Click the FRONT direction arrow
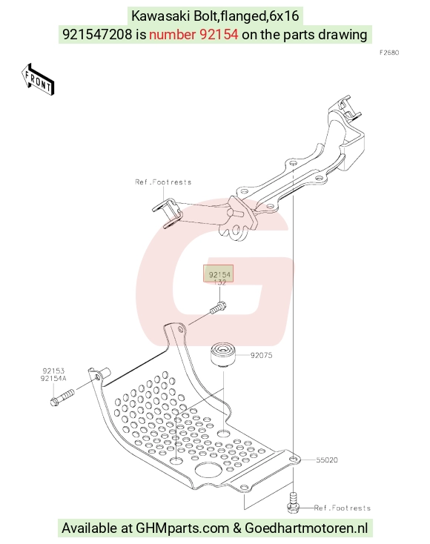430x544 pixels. pos(38,79)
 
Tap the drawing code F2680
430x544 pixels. pos(389,53)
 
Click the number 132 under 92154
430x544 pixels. pos(219,282)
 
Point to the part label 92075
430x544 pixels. pos(261,355)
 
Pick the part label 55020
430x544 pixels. pos(327,460)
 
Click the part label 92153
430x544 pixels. pos(54,371)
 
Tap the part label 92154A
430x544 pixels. pos(53,378)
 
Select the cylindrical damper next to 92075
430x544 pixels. pos(223,354)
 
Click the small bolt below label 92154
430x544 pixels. pos(218,308)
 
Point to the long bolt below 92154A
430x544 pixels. pos(62,397)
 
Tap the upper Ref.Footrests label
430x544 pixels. pos(163,182)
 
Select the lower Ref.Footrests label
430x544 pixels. pos(343,508)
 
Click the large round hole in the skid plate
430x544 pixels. pos(208,470)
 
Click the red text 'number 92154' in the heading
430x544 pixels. pos(193,34)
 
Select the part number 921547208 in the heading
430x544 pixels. pos(97,34)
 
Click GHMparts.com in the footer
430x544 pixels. pos(182,528)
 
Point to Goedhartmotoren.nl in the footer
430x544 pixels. pos(306,528)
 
